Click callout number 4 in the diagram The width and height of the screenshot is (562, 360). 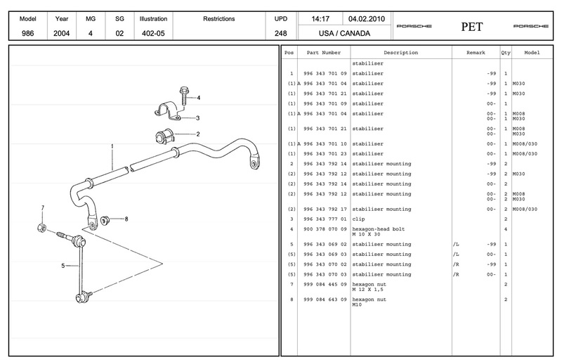click(x=199, y=98)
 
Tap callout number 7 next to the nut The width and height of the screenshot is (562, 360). click(x=42, y=207)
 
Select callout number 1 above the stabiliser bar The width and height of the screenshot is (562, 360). click(x=112, y=146)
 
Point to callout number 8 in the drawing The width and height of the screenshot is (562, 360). click(x=126, y=219)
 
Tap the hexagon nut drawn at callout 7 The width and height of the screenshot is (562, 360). click(x=41, y=229)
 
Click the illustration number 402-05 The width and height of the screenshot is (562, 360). click(x=152, y=32)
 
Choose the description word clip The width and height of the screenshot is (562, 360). click(x=359, y=219)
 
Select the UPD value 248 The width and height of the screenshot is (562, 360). click(x=280, y=32)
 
